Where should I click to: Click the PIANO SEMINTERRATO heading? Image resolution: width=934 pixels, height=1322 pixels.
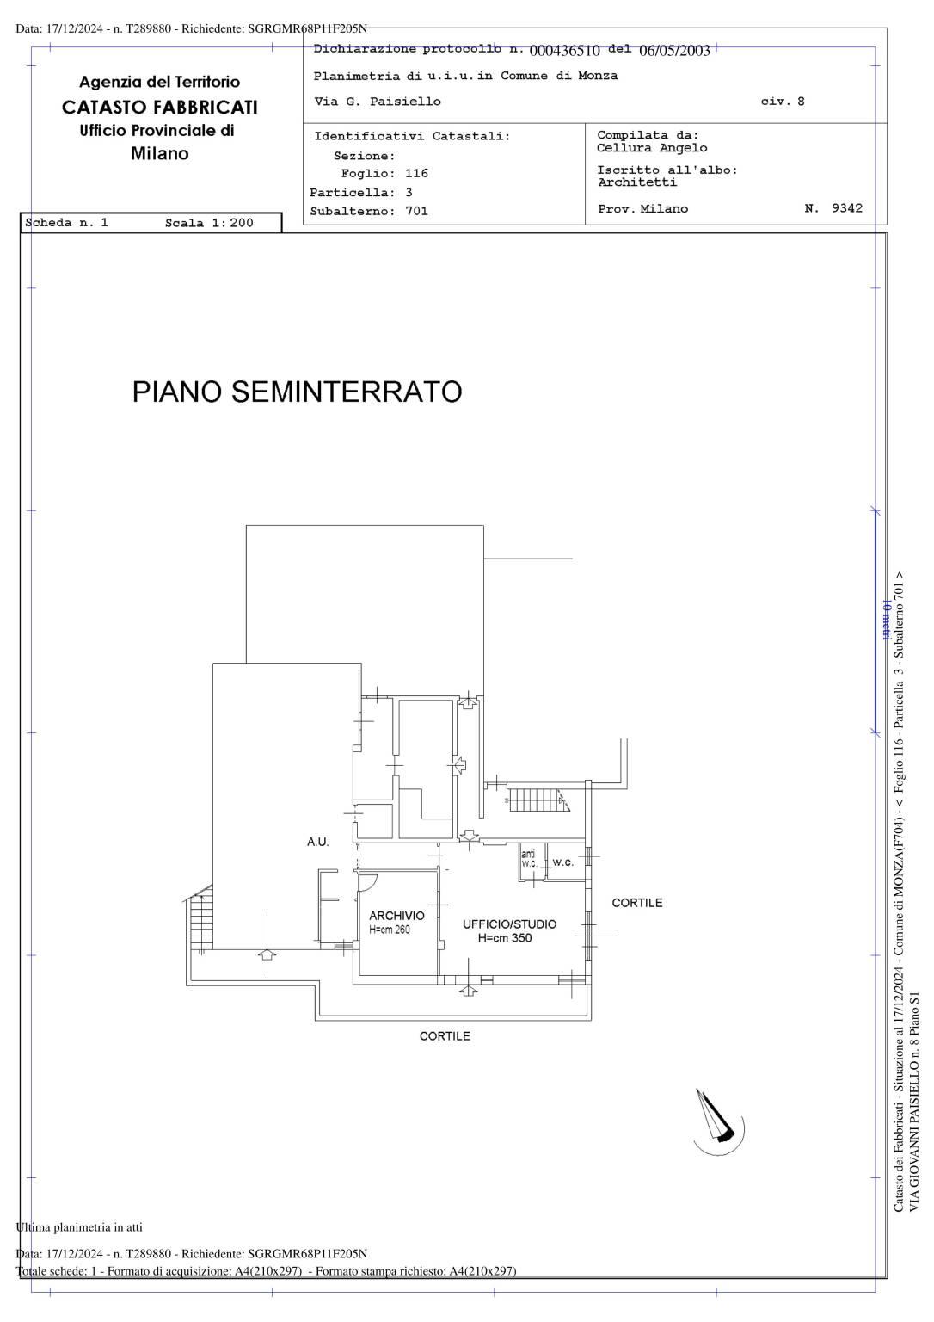point(297,392)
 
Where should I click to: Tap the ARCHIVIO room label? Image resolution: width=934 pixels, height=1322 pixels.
point(396,916)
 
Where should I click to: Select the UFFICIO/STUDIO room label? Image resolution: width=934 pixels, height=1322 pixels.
point(509,924)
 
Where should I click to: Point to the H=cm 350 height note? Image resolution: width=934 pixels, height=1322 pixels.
point(505,938)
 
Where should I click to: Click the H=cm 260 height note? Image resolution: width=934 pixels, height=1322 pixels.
point(389,930)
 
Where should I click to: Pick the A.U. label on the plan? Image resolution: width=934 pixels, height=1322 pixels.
point(318,843)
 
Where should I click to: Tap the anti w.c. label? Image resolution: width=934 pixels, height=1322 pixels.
point(529,859)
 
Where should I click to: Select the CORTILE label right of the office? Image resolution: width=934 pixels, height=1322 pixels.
point(636,902)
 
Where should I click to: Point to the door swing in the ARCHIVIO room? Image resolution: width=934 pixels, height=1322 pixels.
point(367,881)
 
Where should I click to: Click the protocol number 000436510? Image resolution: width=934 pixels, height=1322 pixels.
point(564,51)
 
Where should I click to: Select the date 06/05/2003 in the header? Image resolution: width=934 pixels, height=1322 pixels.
point(674,51)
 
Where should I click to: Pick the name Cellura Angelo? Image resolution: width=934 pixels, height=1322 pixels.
point(652,147)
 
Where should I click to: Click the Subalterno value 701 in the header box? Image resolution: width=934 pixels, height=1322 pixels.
point(416,211)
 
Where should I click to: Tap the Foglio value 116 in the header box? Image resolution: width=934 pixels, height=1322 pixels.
point(416,173)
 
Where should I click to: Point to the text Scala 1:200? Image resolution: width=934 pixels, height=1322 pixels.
point(209,223)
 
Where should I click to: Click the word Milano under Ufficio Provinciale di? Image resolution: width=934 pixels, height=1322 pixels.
point(159,153)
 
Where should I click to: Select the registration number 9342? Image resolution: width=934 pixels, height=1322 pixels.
point(847,207)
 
